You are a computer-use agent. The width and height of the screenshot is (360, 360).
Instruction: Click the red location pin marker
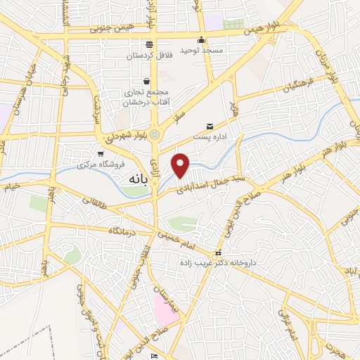click(181, 165)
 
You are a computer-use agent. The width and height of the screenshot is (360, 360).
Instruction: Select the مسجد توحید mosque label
click(202, 51)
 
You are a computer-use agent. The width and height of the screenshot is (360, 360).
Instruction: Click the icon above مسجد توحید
click(202, 39)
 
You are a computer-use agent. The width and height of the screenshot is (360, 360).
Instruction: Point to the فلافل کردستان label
click(149, 54)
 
